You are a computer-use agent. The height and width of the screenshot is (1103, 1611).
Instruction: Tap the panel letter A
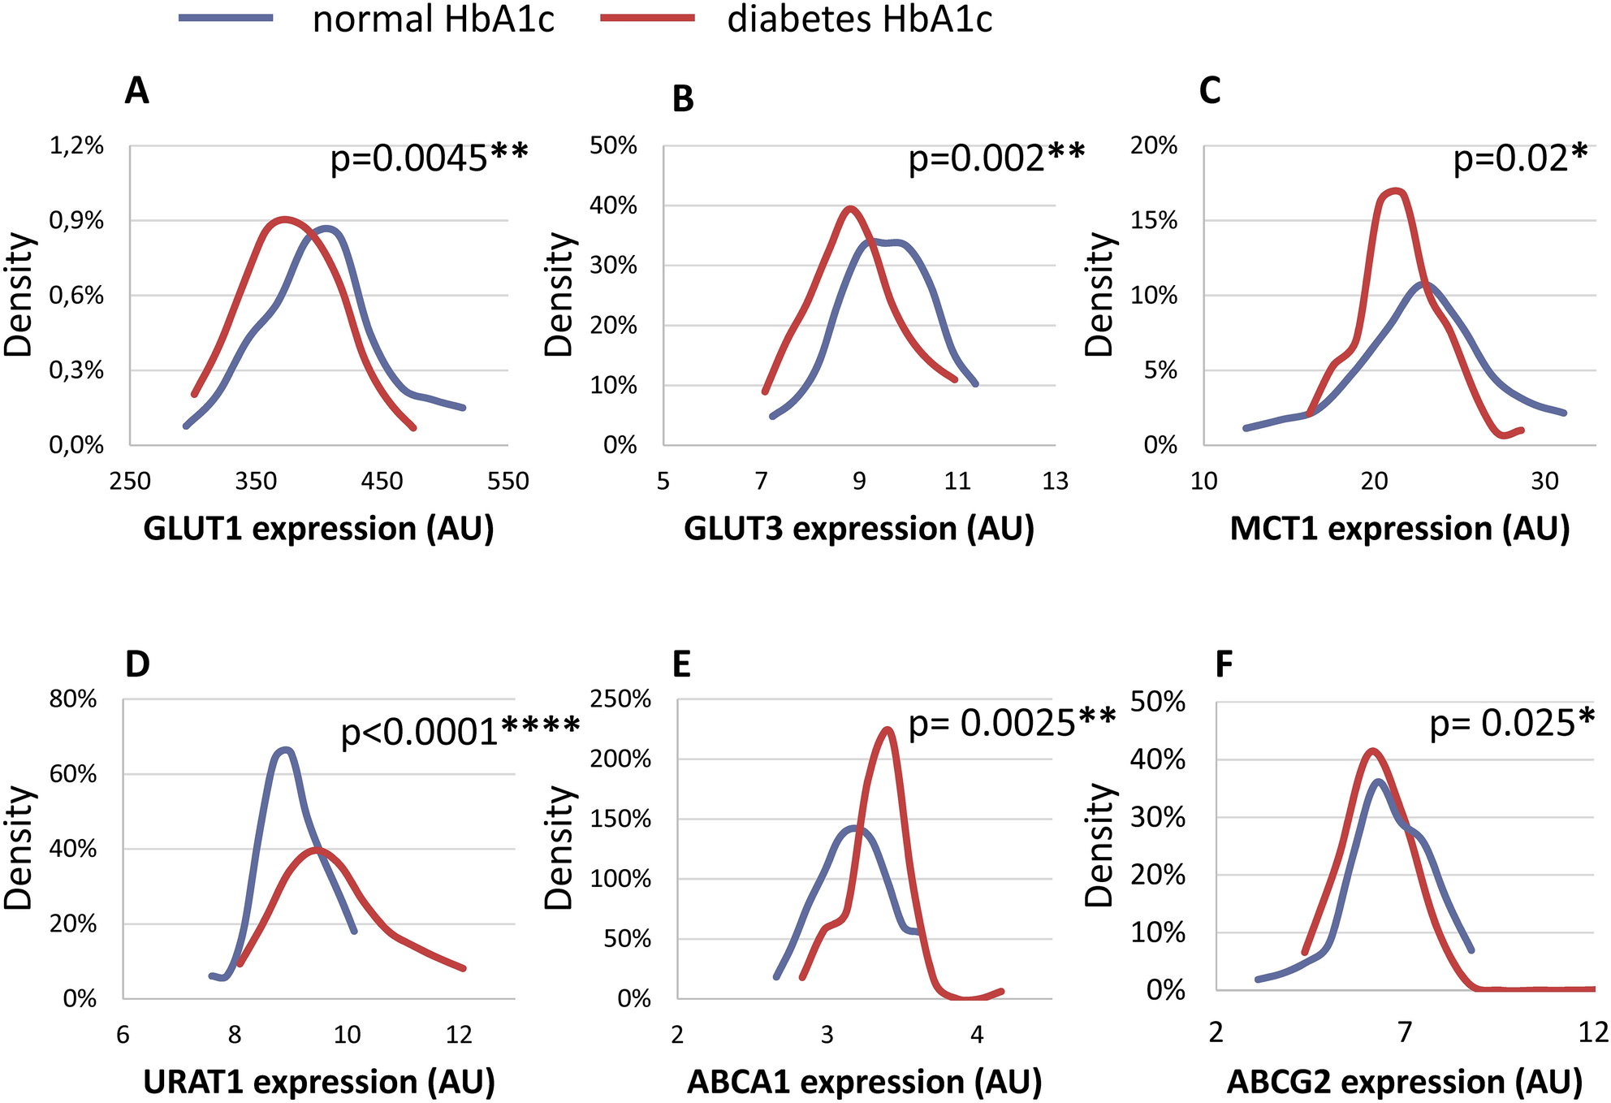pos(137,91)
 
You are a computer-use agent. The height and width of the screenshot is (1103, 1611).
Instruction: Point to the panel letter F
pos(1224,665)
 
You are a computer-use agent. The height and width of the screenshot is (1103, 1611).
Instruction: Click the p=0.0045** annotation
pos(429,158)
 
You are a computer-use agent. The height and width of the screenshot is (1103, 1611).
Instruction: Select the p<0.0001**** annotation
pos(460,732)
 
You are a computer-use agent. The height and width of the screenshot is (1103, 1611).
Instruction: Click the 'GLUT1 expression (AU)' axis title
pos(318,529)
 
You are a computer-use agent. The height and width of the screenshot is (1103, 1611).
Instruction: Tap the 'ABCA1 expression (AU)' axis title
pos(864,1082)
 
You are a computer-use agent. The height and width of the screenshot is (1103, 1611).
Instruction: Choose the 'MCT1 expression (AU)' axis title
pos(1400,529)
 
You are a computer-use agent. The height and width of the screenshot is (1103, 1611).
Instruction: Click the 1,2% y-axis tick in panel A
pos(77,146)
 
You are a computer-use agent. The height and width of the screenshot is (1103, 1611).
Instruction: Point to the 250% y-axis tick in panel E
pos(621,699)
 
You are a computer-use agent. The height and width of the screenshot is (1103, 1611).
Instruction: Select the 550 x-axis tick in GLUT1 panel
pos(508,482)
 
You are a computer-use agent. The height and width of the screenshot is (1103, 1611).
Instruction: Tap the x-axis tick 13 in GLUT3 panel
pos(1055,482)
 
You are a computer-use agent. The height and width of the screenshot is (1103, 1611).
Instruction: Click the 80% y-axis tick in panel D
pos(73,699)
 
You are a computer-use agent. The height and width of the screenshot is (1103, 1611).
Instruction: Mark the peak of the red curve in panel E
pos(888,729)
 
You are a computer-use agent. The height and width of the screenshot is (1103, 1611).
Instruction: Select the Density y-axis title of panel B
pos(559,294)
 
